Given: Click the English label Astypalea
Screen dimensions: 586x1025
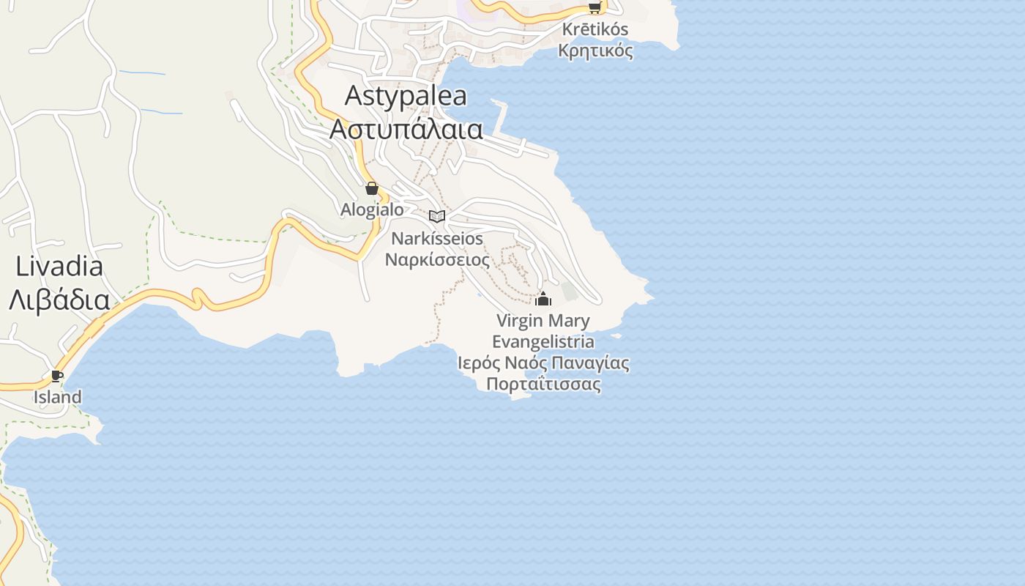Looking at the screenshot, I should click(x=406, y=96).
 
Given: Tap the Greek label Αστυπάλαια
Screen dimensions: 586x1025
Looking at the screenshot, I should click(x=406, y=129).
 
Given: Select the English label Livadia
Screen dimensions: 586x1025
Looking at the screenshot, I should click(x=59, y=267).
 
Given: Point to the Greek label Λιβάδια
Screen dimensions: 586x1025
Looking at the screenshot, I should click(x=59, y=300).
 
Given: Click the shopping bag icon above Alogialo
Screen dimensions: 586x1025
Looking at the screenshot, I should click(x=372, y=188).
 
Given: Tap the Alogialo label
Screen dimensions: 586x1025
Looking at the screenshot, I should click(x=372, y=209).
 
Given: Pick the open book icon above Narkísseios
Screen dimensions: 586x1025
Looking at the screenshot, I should click(x=437, y=216).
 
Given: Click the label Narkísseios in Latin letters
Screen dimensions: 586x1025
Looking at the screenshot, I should click(x=437, y=239).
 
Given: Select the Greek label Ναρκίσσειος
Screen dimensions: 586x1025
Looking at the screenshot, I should click(x=437, y=260).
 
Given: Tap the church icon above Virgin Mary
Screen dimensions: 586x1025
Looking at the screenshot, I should click(x=543, y=299).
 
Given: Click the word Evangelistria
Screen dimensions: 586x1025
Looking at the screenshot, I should click(x=543, y=342).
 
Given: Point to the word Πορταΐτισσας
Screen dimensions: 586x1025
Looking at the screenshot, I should click(x=543, y=385).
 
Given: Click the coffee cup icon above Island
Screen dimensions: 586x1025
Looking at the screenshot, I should click(x=57, y=377).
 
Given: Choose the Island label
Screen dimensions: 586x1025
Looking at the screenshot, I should click(x=57, y=397).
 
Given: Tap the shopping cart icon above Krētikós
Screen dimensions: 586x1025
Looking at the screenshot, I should click(x=594, y=8).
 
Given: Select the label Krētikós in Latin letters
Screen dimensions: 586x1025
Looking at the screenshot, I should click(x=595, y=30).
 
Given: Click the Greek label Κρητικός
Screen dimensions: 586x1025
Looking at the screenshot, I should click(x=595, y=51).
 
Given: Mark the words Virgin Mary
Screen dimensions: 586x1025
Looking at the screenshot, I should click(x=543, y=321).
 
